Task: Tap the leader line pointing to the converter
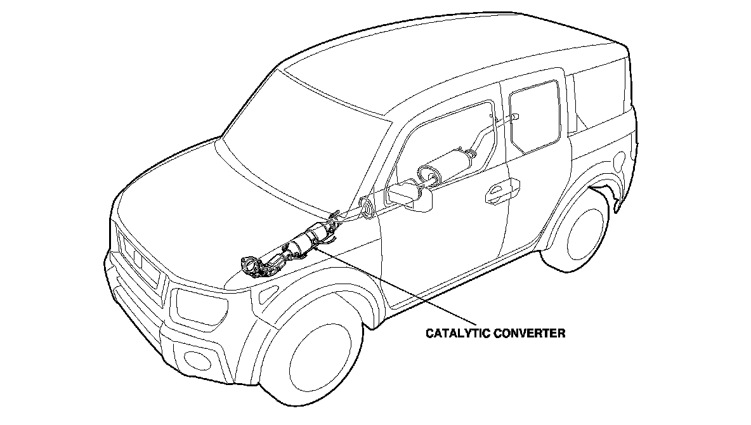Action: pos(393,286)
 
